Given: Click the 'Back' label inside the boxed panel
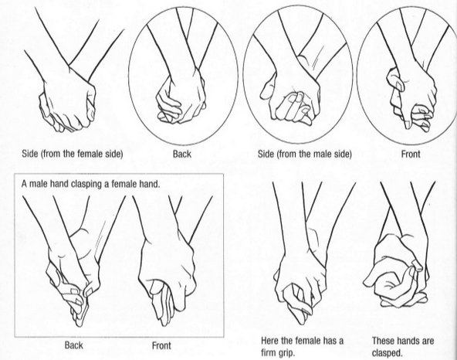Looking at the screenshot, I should pos(73,345).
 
